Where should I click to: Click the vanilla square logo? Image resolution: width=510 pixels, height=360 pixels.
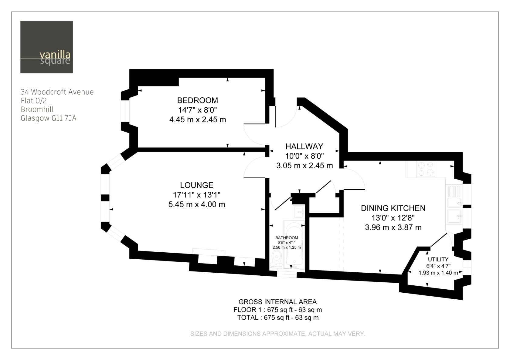(x=46, y=47)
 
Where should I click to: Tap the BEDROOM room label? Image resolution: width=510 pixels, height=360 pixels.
(x=198, y=100)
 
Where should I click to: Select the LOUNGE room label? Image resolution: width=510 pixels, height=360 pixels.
(x=197, y=185)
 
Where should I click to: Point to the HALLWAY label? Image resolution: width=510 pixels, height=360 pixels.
(x=304, y=146)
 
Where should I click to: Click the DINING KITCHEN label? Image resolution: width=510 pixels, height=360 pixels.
(x=393, y=208)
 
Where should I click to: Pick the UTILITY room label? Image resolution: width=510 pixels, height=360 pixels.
(x=438, y=259)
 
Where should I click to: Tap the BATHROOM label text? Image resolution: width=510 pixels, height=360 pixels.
(x=287, y=238)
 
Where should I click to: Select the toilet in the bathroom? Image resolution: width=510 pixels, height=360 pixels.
(x=276, y=259)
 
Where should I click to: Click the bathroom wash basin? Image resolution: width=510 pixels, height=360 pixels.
(x=299, y=212)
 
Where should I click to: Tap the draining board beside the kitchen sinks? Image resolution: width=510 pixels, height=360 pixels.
(x=454, y=191)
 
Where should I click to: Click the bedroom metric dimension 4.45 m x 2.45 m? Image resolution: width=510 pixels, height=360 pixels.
(x=198, y=119)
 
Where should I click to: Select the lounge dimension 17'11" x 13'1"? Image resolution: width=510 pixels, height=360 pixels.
(x=197, y=195)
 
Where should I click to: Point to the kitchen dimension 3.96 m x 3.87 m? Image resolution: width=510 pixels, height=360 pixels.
(x=393, y=227)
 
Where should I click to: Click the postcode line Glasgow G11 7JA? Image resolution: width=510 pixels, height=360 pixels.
(x=49, y=118)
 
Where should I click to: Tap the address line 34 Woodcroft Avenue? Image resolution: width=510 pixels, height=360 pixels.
(x=57, y=92)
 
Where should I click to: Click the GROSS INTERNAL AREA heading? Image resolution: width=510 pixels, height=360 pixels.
(x=277, y=302)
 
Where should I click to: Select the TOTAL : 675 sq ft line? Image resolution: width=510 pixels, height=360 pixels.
(x=278, y=318)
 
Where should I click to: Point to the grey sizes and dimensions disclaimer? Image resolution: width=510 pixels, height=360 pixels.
(x=278, y=334)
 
